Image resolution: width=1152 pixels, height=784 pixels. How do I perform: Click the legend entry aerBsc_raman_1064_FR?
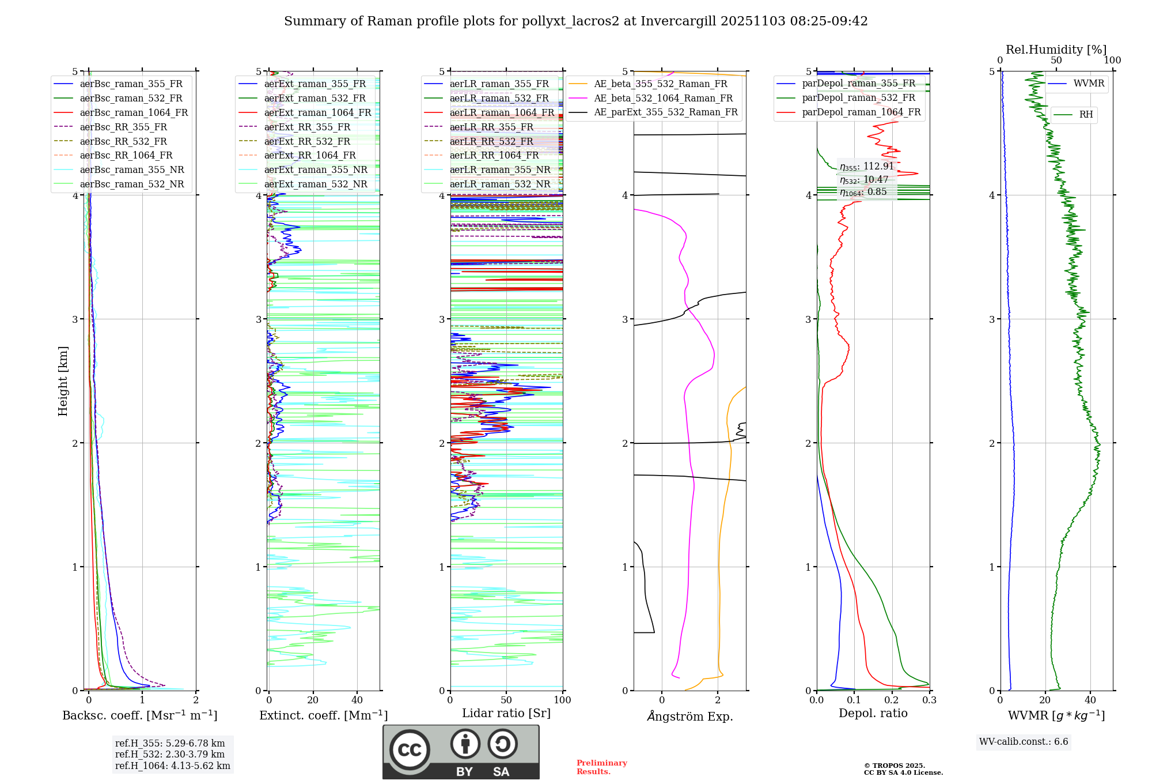click(134, 113)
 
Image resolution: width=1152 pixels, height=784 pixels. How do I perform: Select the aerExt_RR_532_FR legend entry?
click(307, 141)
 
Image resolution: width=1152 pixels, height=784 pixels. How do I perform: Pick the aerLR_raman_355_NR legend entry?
click(500, 170)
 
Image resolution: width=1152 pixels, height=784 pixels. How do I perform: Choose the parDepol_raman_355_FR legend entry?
click(858, 84)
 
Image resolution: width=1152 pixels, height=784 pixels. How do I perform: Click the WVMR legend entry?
click(1089, 84)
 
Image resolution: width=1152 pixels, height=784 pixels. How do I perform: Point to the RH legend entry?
click(1086, 115)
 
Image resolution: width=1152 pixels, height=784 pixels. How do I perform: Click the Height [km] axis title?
click(63, 381)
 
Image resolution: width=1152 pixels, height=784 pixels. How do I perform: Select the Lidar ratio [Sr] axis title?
click(506, 714)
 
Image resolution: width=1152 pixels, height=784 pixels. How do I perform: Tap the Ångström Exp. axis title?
click(690, 717)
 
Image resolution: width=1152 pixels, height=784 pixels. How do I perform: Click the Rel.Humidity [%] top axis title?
click(1056, 50)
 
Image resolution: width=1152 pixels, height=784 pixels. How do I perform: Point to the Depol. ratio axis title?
click(873, 714)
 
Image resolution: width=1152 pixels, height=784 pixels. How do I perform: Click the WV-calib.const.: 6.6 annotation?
click(1024, 742)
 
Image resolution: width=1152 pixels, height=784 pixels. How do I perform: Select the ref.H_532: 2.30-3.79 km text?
click(170, 755)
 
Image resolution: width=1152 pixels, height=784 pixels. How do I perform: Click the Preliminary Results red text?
click(601, 767)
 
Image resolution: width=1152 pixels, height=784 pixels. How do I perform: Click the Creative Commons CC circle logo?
click(410, 750)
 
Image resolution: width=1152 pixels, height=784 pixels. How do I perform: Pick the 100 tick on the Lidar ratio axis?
click(562, 700)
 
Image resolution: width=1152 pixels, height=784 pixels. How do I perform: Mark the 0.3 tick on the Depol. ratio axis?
click(929, 700)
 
